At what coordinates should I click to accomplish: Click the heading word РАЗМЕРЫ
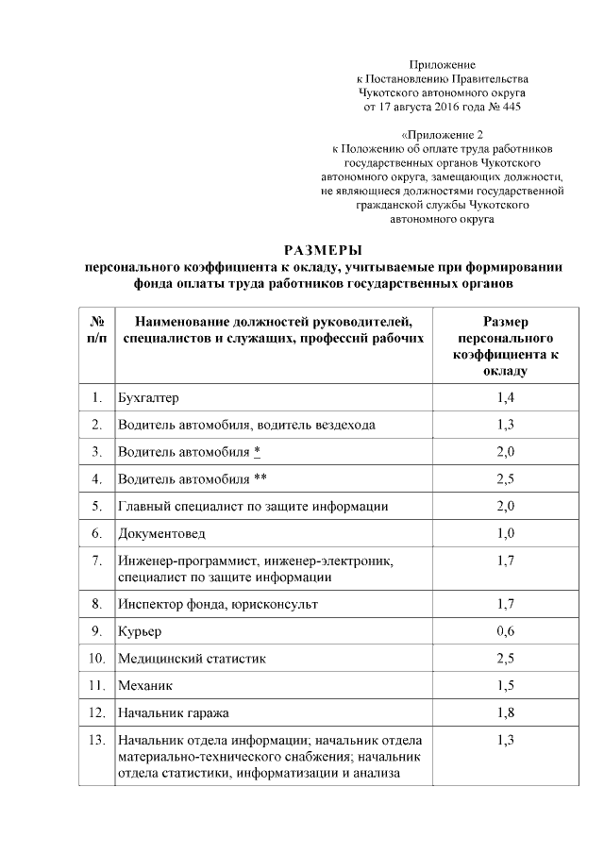click(323, 250)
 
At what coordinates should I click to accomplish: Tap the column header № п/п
click(95, 329)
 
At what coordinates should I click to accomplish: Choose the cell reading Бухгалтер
click(147, 397)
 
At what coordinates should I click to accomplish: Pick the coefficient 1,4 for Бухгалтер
click(505, 397)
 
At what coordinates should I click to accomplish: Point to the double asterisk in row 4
click(260, 478)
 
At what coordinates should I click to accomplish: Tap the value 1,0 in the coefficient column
click(505, 533)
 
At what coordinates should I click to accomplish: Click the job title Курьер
click(140, 629)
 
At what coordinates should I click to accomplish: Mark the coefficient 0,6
click(505, 629)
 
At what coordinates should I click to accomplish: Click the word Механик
click(145, 684)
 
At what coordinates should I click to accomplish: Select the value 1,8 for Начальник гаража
click(505, 712)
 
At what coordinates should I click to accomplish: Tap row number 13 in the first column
click(95, 739)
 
